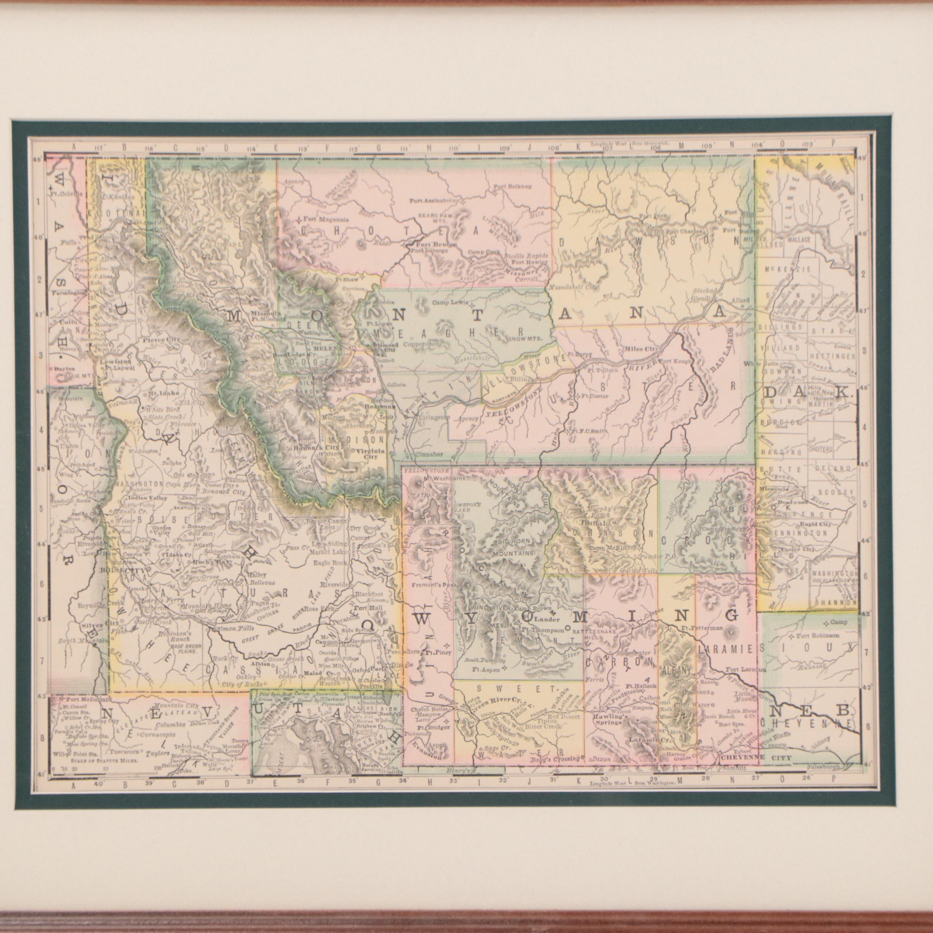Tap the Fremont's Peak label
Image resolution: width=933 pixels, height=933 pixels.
[431, 585]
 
